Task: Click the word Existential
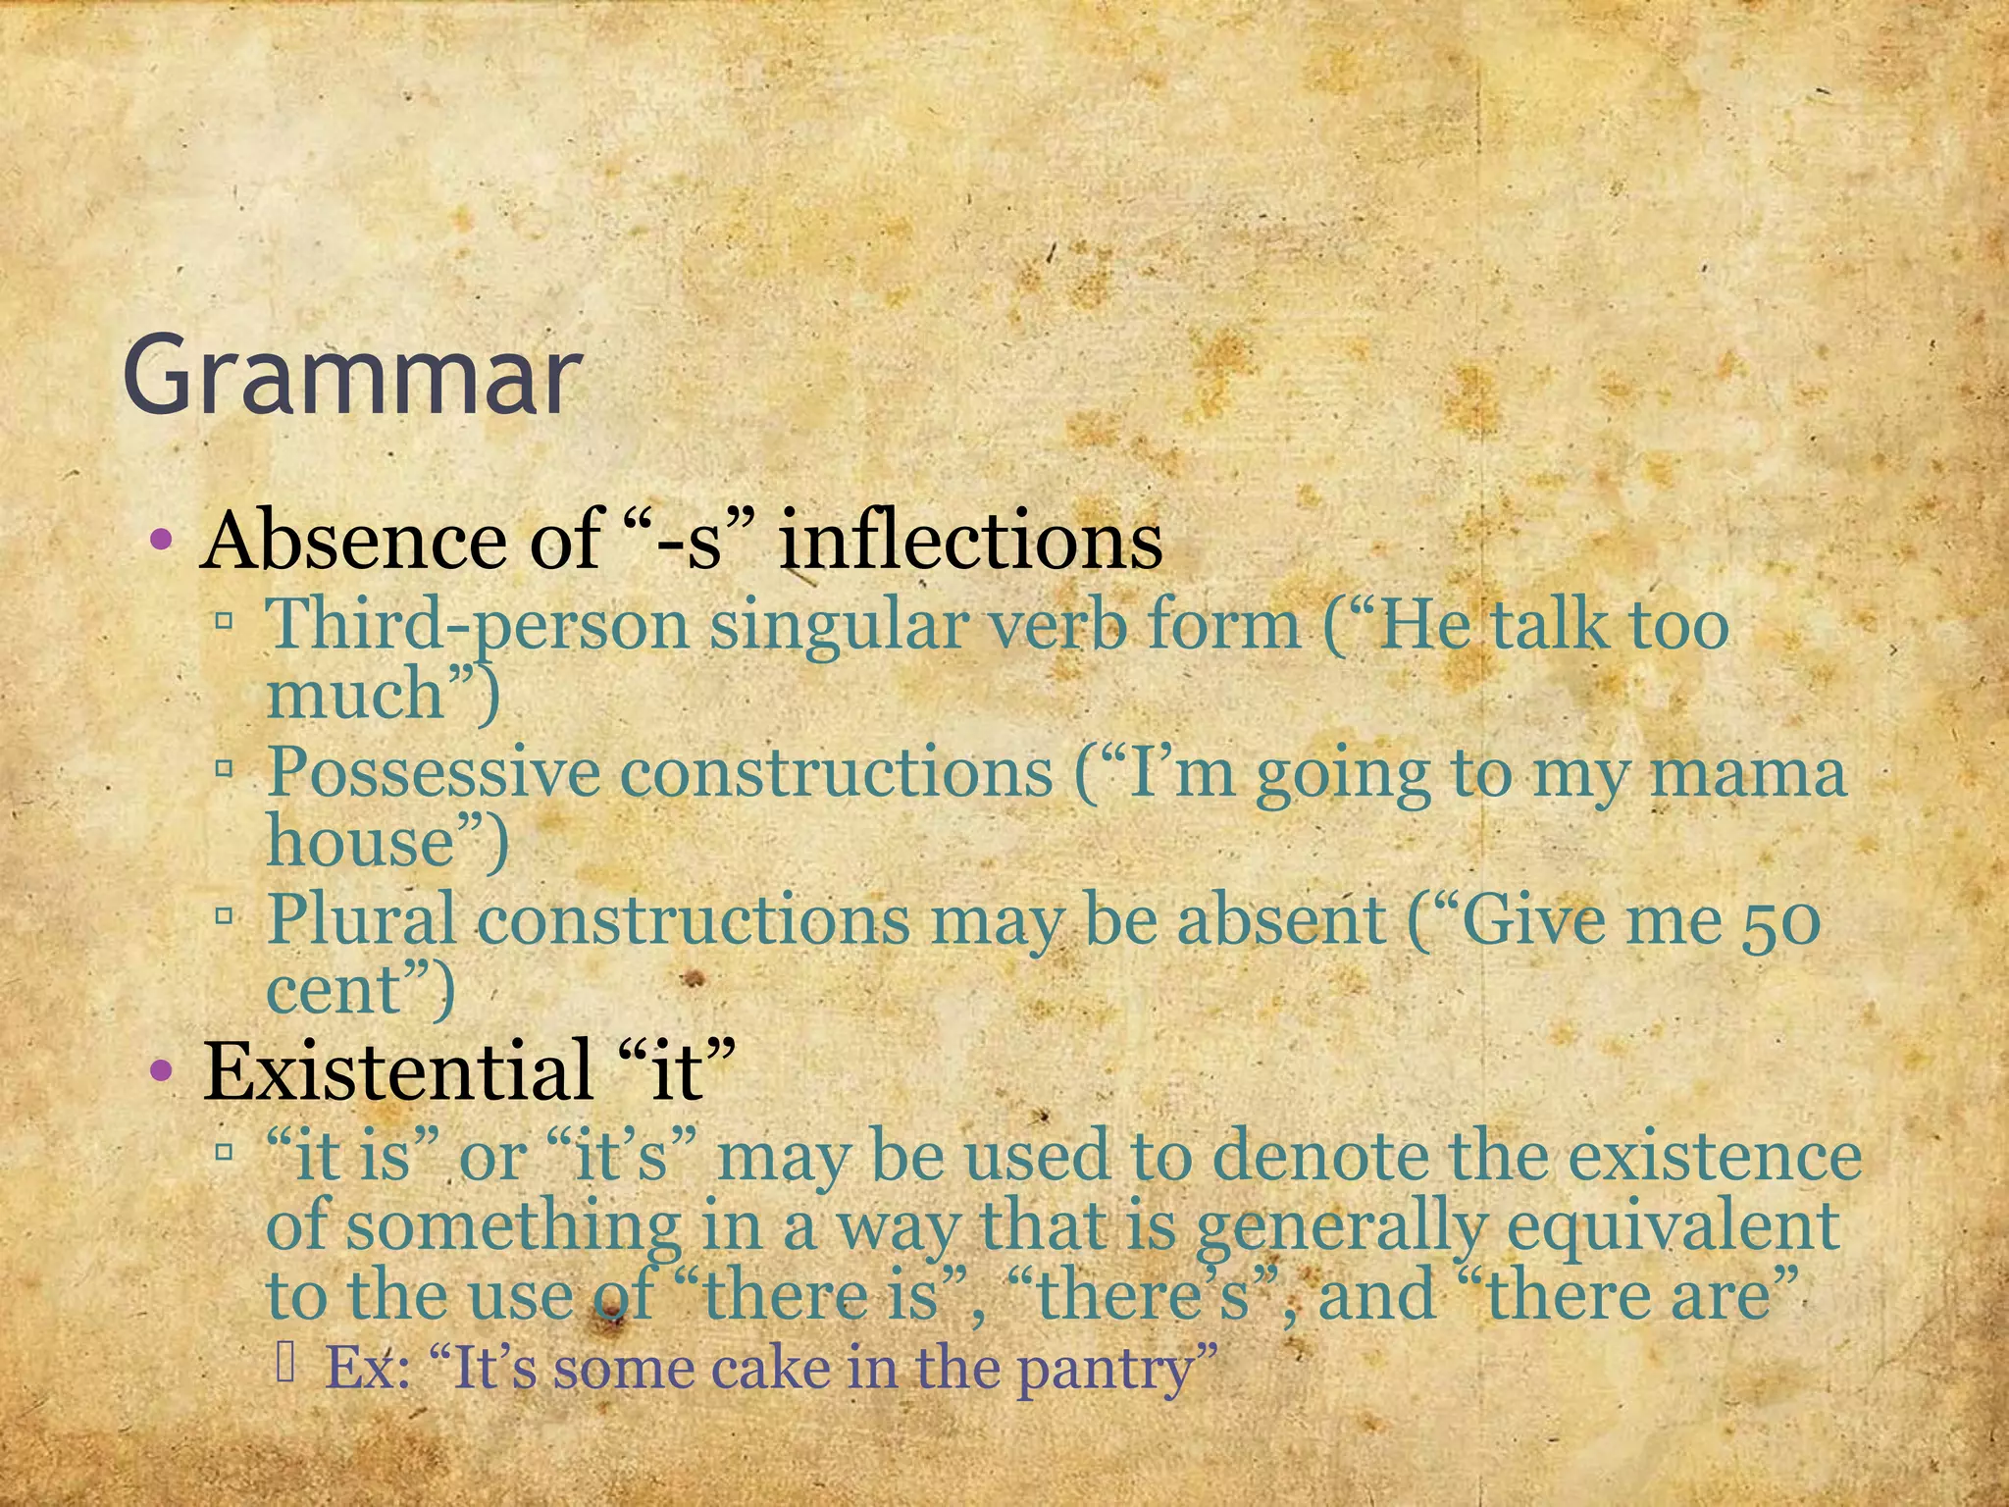coord(396,1069)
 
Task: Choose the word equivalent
coord(1672,1226)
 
